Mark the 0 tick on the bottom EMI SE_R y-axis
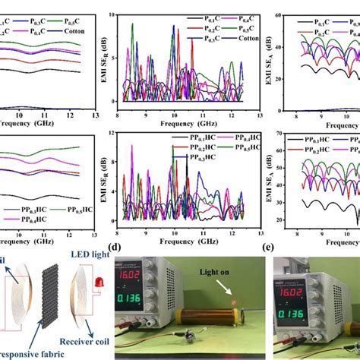(115, 221)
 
